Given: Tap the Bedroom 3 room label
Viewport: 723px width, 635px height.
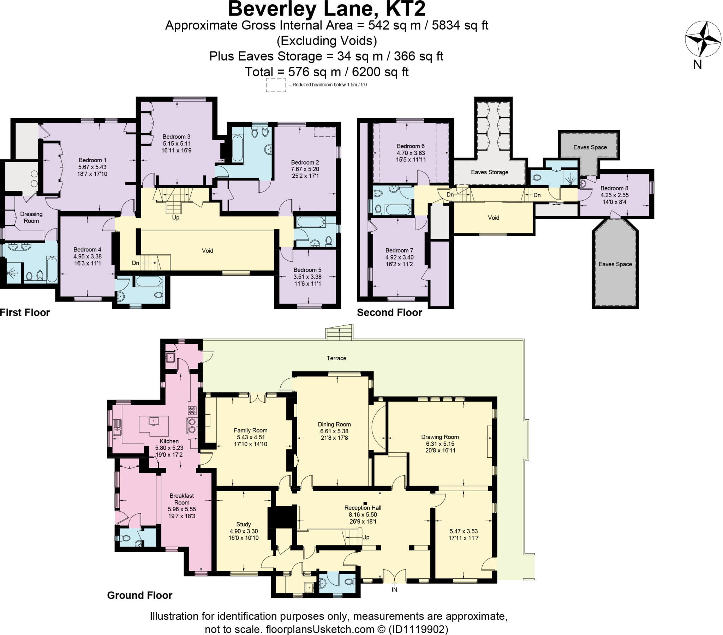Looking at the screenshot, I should pyautogui.click(x=177, y=137).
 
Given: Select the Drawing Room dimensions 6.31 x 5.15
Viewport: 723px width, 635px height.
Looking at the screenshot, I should pyautogui.click(x=440, y=444).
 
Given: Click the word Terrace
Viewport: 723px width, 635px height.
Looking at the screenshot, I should pyautogui.click(x=336, y=358).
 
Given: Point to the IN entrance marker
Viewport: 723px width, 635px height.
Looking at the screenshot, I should pyautogui.click(x=394, y=590).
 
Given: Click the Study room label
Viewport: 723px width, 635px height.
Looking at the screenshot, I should pyautogui.click(x=243, y=524).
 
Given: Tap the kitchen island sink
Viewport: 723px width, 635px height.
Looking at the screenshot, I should pyautogui.click(x=154, y=421).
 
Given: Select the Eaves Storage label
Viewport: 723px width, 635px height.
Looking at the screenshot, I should pyautogui.click(x=489, y=172).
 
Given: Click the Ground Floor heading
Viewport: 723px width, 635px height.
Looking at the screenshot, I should pyautogui.click(x=139, y=596).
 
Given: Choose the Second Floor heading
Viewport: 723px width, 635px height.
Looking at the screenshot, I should pyautogui.click(x=389, y=313).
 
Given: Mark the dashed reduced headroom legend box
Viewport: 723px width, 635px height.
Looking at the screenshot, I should pyautogui.click(x=276, y=85).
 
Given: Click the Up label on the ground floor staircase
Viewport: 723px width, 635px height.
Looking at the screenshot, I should pyautogui.click(x=366, y=537).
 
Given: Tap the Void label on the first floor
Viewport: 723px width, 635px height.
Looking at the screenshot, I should pyautogui.click(x=207, y=251).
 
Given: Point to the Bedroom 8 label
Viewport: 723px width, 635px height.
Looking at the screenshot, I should pyautogui.click(x=614, y=188).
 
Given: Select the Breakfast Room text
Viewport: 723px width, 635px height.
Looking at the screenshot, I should pyautogui.click(x=181, y=499).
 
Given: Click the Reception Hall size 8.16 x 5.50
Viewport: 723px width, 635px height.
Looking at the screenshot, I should pyautogui.click(x=363, y=514).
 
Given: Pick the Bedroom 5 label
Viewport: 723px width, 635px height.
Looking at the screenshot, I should pyautogui.click(x=307, y=270).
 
